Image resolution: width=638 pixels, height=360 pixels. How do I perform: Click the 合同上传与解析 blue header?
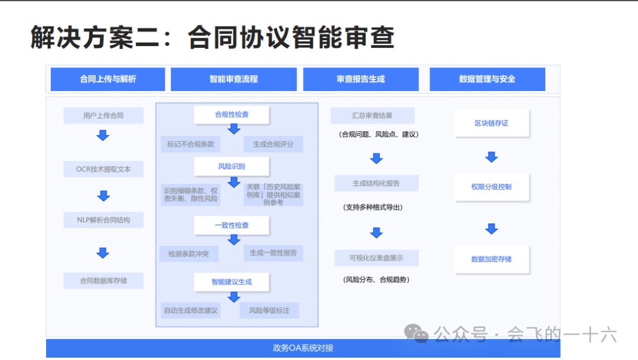coord(108,79)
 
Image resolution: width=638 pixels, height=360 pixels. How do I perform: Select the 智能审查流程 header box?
coord(233,79)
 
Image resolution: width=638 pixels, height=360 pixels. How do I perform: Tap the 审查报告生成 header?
coord(360,79)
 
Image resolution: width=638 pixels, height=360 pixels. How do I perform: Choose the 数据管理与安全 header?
coord(487,79)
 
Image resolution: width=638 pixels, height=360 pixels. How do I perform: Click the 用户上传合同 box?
coord(103,115)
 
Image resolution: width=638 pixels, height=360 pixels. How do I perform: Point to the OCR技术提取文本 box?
coord(103,169)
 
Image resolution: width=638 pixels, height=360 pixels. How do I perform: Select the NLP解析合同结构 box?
coord(103,220)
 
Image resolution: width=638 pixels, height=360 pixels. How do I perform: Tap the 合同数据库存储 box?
coord(103,281)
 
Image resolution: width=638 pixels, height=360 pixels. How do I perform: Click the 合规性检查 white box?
coord(232,115)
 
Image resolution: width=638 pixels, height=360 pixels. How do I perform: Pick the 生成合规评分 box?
coord(273,144)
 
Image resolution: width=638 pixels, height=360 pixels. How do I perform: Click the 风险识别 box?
coord(232,166)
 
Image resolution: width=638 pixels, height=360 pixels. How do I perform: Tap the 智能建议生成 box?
coord(232,282)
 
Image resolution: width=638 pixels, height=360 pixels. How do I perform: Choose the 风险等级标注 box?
coord(269,310)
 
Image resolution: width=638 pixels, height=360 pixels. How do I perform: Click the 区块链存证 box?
coord(491,124)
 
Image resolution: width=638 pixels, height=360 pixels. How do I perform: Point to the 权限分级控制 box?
coord(491,187)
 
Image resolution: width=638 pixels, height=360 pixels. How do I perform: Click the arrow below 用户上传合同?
coord(103,135)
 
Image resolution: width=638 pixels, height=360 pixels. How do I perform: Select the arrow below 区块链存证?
coord(491,157)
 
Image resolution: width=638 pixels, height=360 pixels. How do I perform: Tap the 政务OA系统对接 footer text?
coord(303,348)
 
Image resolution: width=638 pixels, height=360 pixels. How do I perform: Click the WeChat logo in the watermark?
coord(420,335)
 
